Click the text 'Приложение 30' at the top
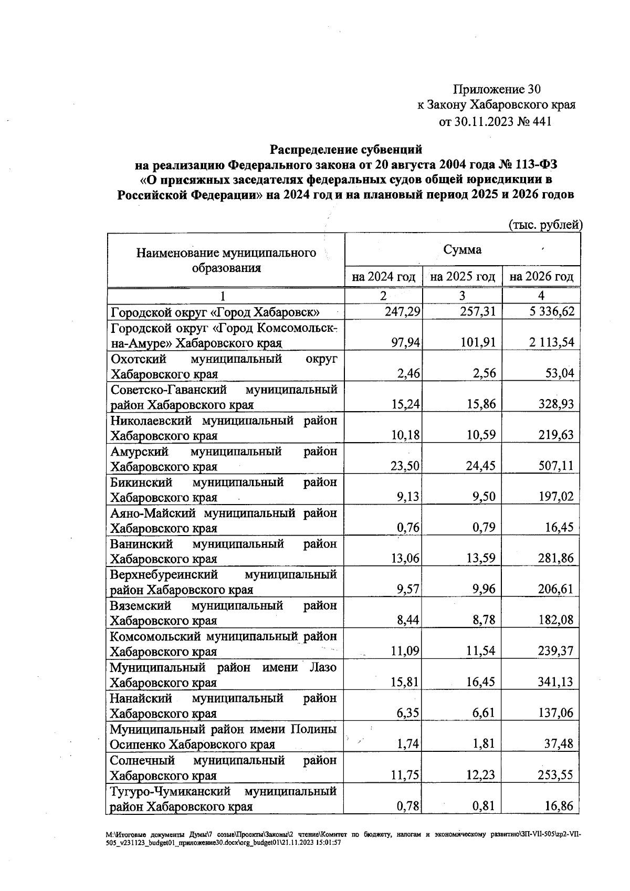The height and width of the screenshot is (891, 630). coord(497,88)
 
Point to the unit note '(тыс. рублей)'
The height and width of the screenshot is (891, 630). coord(547,225)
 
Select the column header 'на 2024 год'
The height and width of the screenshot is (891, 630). coord(384,276)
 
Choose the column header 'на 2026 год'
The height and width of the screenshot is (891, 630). coord(541,276)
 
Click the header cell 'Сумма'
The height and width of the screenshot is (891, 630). coord(462,249)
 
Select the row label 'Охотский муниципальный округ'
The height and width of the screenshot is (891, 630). coord(223,366)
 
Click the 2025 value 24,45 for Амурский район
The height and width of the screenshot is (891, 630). coord(480,466)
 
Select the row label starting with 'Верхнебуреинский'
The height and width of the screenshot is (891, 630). coord(223,582)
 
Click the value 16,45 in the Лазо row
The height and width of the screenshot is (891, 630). coord(480,682)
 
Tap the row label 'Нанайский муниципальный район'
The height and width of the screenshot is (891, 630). coord(223,706)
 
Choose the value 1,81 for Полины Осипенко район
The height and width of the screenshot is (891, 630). coord(484,743)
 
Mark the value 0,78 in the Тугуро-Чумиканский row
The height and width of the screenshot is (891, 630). coord(408,805)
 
